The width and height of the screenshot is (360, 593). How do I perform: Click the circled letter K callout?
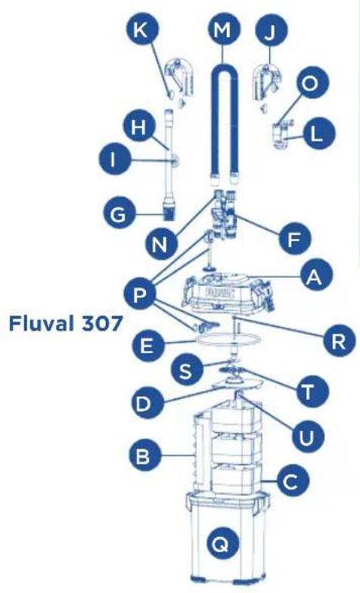coord(144,30)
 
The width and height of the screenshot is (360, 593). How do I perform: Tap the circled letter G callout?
coord(119,214)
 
